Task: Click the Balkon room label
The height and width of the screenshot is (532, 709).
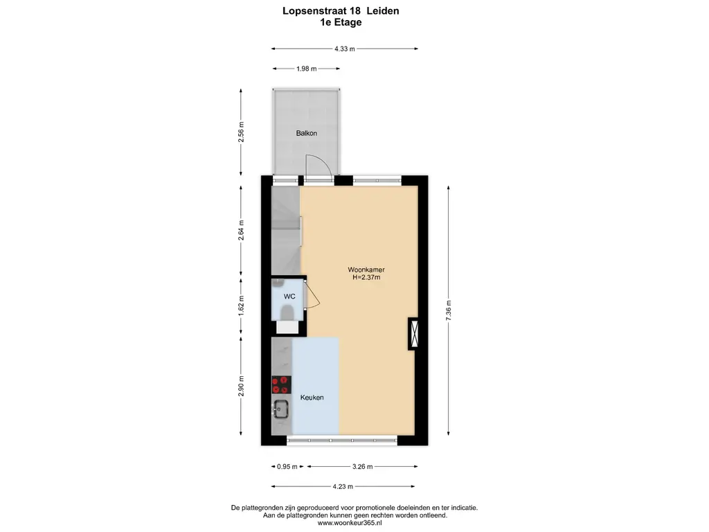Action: click(x=306, y=133)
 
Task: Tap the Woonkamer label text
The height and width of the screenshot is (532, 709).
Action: click(x=366, y=269)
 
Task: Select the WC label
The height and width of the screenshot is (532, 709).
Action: click(x=289, y=296)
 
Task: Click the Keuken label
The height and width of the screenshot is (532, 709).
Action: click(x=312, y=397)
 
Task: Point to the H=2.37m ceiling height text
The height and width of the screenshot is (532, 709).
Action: click(x=366, y=277)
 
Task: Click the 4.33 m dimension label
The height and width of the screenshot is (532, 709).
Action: click(x=345, y=49)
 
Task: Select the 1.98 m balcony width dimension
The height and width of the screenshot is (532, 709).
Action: click(x=307, y=69)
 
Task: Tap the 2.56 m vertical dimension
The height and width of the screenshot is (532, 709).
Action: click(x=241, y=132)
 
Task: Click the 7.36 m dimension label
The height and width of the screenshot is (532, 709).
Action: click(x=449, y=310)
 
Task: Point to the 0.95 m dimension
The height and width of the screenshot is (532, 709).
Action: click(x=287, y=466)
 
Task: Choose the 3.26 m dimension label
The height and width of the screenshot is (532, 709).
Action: click(x=363, y=466)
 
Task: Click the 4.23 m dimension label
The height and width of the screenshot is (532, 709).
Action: click(x=343, y=487)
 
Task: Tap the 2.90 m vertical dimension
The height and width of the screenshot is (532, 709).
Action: click(x=241, y=386)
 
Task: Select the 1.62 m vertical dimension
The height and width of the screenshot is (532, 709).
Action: click(x=241, y=305)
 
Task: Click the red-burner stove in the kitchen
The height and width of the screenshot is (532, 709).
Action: click(x=281, y=384)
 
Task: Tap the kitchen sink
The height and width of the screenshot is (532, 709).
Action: click(x=280, y=409)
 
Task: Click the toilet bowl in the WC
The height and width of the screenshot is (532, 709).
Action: click(x=287, y=312)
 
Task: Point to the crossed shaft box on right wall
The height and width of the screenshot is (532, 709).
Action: click(x=414, y=333)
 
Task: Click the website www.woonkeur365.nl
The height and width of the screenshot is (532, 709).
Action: click(x=350, y=523)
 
